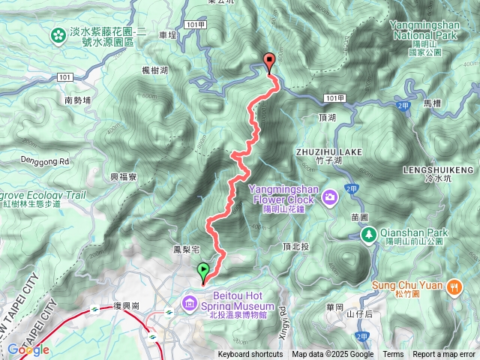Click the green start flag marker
tap(203, 272)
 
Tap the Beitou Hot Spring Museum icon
tap(189, 304)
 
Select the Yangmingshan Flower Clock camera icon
tap(330, 197)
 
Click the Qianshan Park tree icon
tap(369, 235)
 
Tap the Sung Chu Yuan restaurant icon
tap(454, 286)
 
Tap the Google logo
tap(28, 349)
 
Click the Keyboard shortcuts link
tap(250, 355)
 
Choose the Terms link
tap(393, 355)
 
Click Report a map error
tap(444, 355)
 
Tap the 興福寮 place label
tap(123, 177)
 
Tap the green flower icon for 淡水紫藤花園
tap(58, 34)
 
